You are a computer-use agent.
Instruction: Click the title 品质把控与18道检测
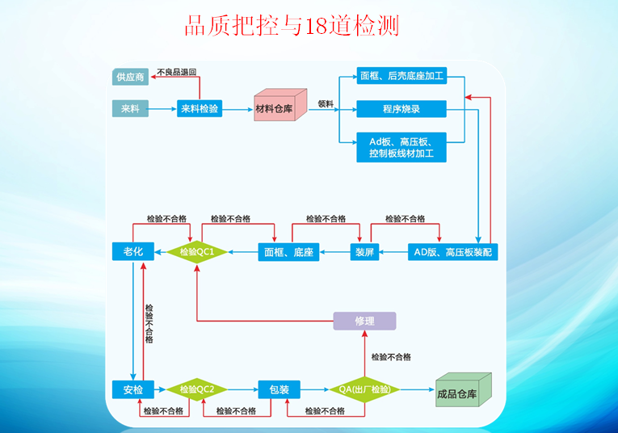[x=292, y=26]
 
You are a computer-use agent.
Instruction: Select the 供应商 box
[x=130, y=78]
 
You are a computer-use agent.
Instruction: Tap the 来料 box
[x=130, y=108]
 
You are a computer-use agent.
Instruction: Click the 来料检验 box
[x=200, y=108]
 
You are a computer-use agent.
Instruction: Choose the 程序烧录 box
[x=401, y=108]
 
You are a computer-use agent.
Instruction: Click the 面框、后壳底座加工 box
[x=401, y=78]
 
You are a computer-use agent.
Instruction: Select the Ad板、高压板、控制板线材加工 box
[x=401, y=146]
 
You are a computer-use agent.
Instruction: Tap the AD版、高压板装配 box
[x=452, y=252]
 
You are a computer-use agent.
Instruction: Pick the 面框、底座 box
[x=288, y=252]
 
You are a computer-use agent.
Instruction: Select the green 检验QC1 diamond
[x=197, y=252]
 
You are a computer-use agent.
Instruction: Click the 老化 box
[x=132, y=252]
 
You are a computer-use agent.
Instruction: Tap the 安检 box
[x=132, y=389]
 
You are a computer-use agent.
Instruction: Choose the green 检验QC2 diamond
[x=197, y=389]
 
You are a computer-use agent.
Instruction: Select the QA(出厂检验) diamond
[x=364, y=389]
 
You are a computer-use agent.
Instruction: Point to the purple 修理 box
[x=365, y=321]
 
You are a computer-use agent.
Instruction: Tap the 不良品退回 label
[x=177, y=71]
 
